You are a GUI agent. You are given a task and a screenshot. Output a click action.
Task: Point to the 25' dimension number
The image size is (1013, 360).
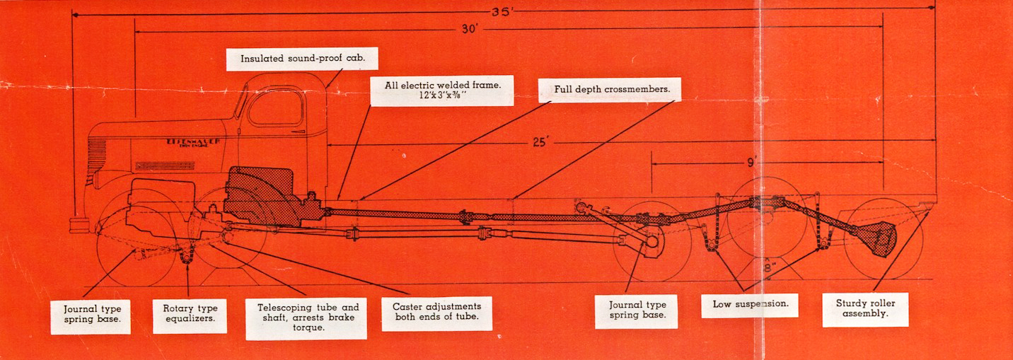point(541,142)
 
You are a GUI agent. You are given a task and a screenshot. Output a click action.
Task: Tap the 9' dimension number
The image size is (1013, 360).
point(751,163)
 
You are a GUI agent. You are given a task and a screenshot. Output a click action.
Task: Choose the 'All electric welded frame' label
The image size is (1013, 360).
point(442,91)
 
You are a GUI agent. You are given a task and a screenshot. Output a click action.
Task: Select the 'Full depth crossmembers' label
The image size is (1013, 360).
point(609,91)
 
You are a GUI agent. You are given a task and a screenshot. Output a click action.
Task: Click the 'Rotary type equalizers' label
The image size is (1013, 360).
point(190,316)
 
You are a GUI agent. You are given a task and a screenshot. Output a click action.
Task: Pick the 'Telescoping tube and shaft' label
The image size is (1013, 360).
point(306,318)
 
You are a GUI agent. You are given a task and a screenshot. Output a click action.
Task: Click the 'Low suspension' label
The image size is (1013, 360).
point(750,305)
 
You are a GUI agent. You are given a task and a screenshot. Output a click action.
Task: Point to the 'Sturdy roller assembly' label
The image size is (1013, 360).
point(865,309)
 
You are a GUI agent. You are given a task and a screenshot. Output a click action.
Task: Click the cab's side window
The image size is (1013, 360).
point(277,108)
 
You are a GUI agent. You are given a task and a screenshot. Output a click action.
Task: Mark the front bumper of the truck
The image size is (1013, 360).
point(79,226)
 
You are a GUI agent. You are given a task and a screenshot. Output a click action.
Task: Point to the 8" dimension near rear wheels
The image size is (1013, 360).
point(769,267)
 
